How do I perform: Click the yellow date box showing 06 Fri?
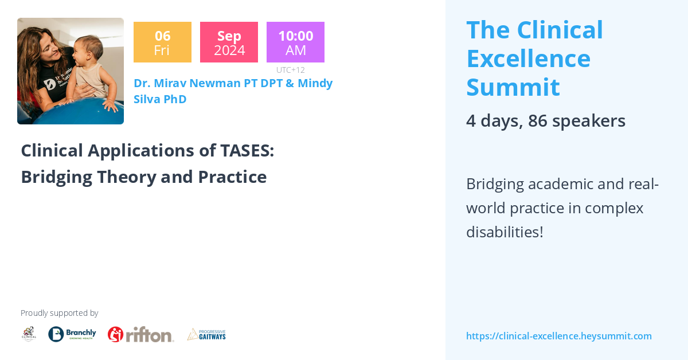click(162, 42)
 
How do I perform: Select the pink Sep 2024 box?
click(229, 42)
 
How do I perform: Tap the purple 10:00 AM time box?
click(295, 42)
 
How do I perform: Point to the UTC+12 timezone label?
click(290, 70)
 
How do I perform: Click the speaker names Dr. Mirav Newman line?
click(233, 83)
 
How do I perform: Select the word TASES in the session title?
click(247, 151)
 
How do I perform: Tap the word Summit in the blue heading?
click(513, 87)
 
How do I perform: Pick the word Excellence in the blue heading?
click(528, 58)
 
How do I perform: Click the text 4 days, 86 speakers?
click(545, 121)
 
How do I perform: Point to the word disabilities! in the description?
click(505, 232)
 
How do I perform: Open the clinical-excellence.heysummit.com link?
click(558, 336)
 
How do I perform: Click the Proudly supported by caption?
click(59, 313)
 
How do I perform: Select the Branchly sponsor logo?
click(72, 334)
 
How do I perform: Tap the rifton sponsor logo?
click(140, 334)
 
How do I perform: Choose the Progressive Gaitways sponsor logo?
click(206, 334)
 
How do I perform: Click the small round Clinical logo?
click(29, 334)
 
